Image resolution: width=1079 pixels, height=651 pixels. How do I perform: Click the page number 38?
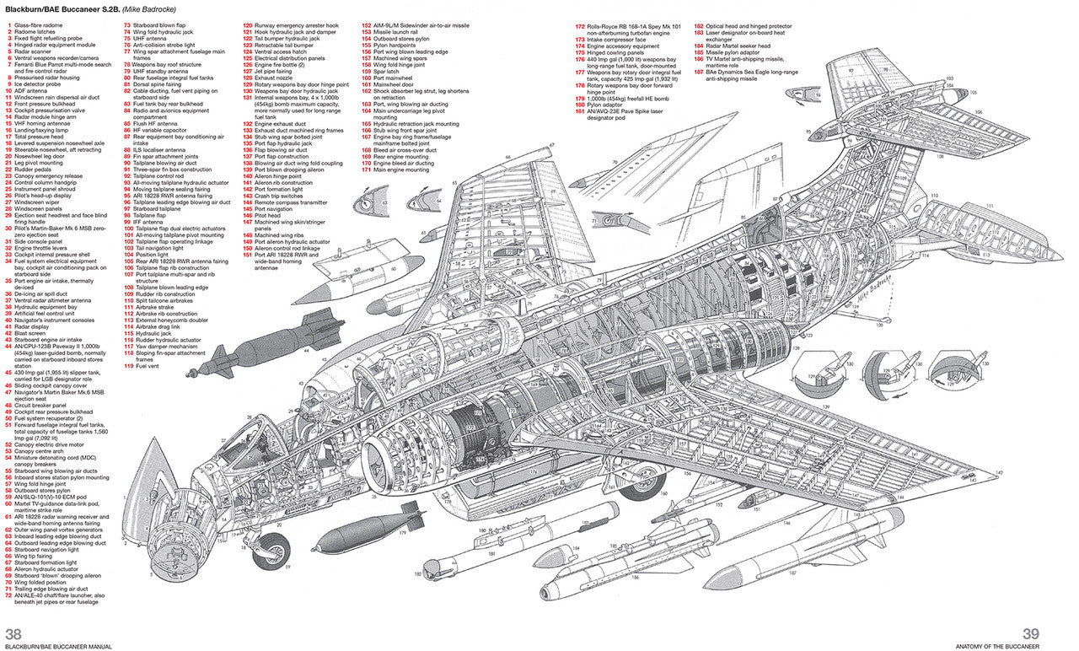click(x=13, y=634)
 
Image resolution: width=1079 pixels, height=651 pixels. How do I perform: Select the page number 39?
click(x=1030, y=634)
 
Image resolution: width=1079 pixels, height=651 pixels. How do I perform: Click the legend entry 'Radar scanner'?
click(x=39, y=51)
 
